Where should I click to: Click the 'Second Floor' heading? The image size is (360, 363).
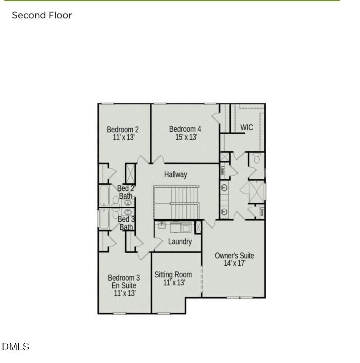tap(42, 15)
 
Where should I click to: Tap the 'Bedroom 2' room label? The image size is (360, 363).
tap(123, 130)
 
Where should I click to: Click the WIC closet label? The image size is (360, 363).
tap(247, 127)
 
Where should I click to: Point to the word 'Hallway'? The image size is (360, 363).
tap(176, 174)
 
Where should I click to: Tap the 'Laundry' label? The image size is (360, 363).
tap(180, 242)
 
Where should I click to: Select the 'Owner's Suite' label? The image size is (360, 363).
tap(234, 256)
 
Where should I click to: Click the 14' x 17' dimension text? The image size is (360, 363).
tap(234, 263)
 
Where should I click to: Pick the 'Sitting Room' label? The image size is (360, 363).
tap(173, 275)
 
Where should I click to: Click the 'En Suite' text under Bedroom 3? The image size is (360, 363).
tap(124, 286)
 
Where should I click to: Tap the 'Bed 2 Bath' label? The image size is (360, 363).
tap(126, 192)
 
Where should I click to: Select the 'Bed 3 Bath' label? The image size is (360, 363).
tap(126, 223)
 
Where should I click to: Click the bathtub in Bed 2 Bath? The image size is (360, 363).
tap(104, 196)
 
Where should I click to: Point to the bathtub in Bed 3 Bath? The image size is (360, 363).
tap(104, 219)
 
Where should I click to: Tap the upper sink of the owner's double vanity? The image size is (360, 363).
tap(224, 188)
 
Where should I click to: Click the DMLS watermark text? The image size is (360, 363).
tap(16, 347)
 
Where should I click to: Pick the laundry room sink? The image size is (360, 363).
tap(162, 225)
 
